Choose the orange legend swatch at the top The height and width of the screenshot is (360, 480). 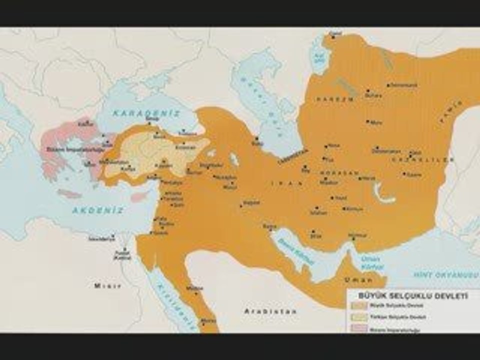click(x=358, y=305)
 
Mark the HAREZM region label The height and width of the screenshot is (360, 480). click(x=327, y=99)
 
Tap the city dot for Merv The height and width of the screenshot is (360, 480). click(x=367, y=121)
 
